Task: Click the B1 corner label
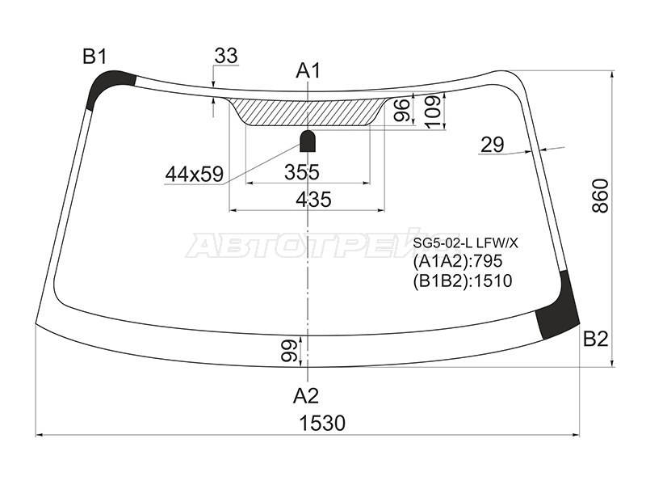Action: [x=94, y=57]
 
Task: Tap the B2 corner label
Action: [x=596, y=339]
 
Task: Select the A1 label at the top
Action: [x=308, y=71]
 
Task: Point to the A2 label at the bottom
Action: [x=306, y=396]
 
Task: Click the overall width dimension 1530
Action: [x=322, y=423]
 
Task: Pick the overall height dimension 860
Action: [x=600, y=196]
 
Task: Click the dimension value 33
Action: [x=226, y=56]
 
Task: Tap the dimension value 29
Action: [x=493, y=145]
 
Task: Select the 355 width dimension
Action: [x=302, y=172]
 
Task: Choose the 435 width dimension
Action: [x=313, y=199]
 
